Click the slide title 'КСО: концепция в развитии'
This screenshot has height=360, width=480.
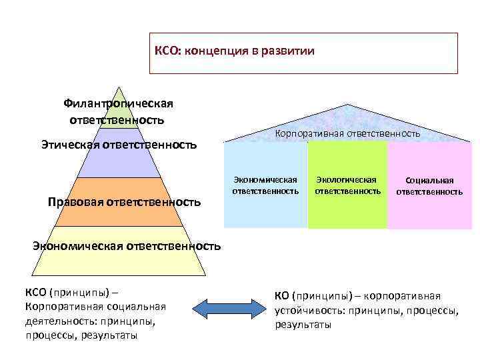pos(234,51)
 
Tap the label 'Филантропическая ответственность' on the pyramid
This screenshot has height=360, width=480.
pos(118,111)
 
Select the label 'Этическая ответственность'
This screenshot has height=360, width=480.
pos(119,143)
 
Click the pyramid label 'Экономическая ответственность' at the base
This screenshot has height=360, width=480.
pos(127,246)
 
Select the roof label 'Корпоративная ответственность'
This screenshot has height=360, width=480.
pos(347,133)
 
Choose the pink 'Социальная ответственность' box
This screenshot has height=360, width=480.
pos(429,186)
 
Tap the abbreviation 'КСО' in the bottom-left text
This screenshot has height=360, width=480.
pos(35,293)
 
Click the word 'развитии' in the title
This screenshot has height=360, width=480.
pos(290,51)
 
